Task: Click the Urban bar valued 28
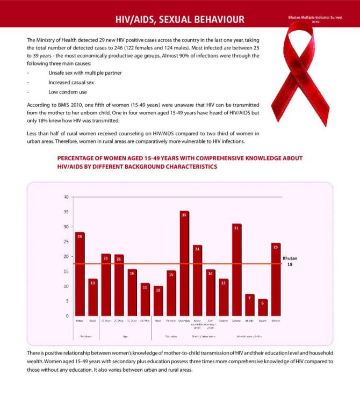click(80, 274)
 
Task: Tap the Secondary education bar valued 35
click(184, 263)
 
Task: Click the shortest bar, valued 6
click(263, 307)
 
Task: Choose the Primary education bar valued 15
click(171, 293)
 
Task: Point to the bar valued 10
click(158, 301)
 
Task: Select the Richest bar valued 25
click(276, 279)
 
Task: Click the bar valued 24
click(197, 280)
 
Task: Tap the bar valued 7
click(249, 305)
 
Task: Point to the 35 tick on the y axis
click(66, 212)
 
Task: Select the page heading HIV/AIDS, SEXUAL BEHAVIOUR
click(180, 20)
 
